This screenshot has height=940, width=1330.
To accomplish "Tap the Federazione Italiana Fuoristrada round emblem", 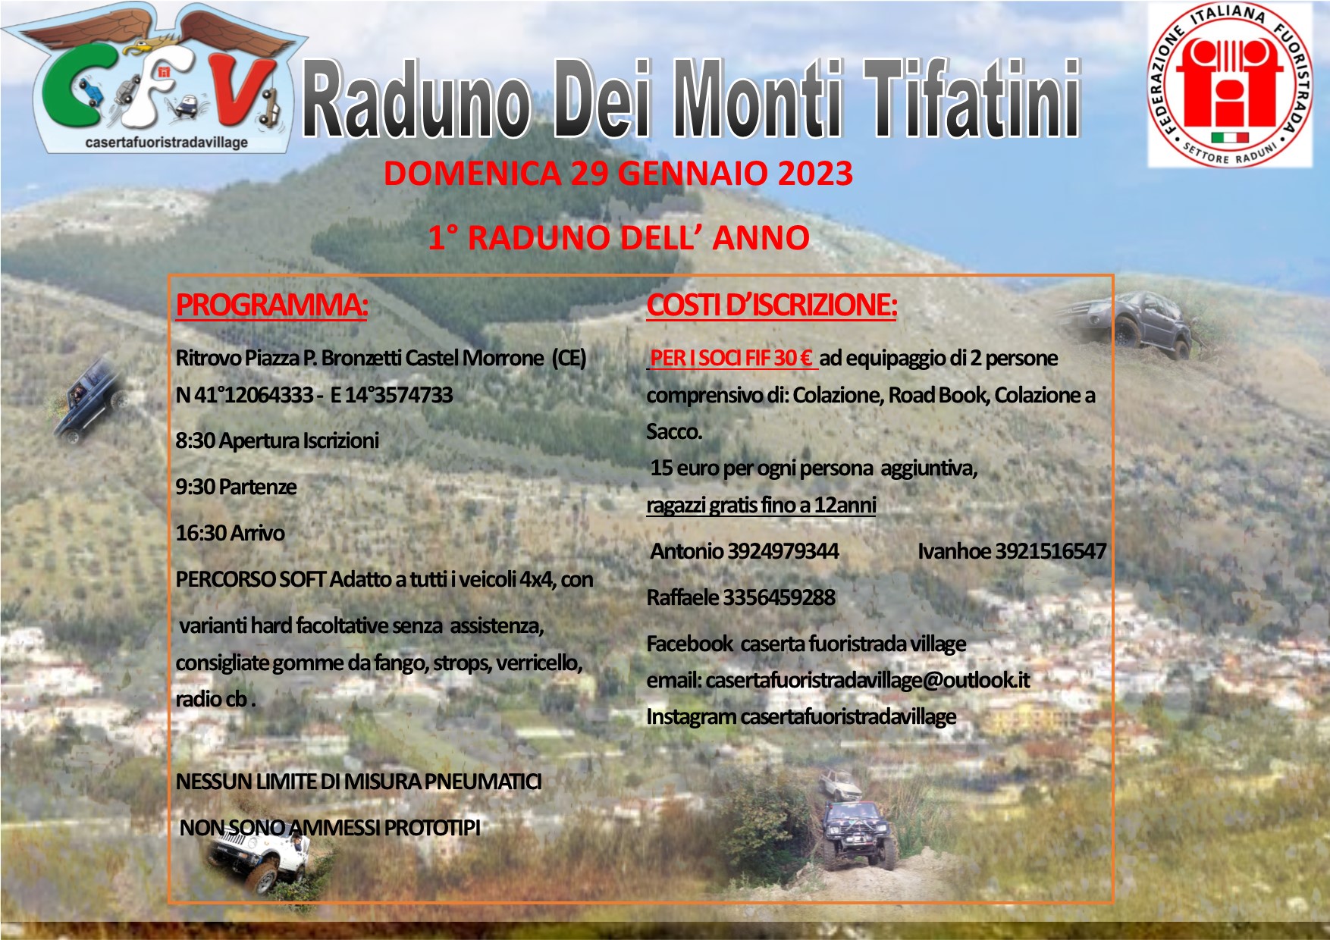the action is (1229, 84).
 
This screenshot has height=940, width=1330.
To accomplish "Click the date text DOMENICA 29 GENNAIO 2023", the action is (618, 174).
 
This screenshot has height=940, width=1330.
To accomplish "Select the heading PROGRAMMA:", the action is (271, 305).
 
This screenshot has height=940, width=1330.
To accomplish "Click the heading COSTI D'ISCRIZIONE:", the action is (772, 305).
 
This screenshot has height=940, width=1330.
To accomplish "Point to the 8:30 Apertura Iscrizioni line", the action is (278, 440).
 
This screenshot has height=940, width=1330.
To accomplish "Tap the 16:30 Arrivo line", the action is (231, 533).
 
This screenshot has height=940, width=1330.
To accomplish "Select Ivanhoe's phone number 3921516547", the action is (1050, 551).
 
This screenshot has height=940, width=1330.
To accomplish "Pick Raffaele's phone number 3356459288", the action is (779, 597).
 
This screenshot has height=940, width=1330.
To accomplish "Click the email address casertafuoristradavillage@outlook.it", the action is (867, 680).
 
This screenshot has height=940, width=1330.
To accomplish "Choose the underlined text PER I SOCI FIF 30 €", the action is (732, 358).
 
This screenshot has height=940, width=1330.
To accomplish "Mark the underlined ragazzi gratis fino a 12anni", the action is (761, 505).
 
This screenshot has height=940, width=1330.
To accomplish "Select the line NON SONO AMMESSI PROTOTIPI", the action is (330, 828).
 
